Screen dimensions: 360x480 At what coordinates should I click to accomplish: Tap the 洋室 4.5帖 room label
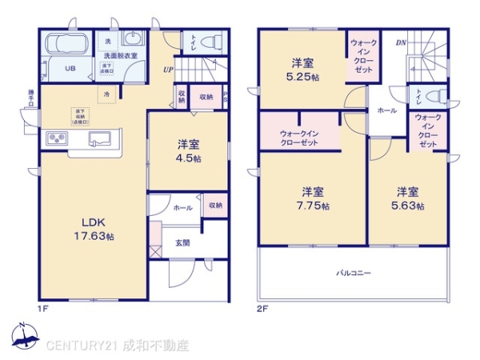click(x=189, y=152)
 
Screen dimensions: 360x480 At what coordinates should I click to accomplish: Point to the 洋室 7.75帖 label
click(x=312, y=198)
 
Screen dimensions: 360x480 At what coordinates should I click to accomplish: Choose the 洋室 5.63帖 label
click(x=407, y=198)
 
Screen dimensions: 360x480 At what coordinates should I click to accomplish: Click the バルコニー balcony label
click(x=352, y=273)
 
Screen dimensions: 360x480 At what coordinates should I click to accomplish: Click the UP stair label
click(x=169, y=70)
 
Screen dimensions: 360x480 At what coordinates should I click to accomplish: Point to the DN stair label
click(x=399, y=42)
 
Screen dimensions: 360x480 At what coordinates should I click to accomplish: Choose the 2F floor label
click(x=262, y=307)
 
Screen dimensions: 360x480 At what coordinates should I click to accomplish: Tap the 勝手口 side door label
click(x=30, y=101)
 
